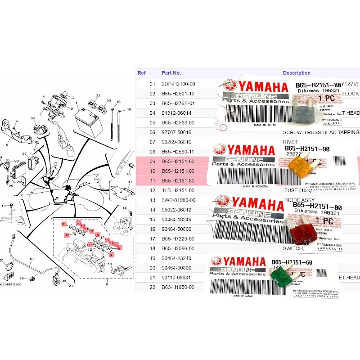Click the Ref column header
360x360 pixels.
pos(142,73)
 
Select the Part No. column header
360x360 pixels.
pos(171,73)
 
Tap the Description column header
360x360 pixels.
pos(297,73)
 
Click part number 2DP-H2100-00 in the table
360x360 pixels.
pos(179,84)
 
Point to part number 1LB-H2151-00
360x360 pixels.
pos(179,190)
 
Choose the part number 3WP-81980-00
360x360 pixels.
pos(179,200)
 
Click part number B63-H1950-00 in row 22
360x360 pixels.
pos(179,287)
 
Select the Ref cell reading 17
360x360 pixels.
pos(152,239)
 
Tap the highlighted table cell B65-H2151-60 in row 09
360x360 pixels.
pos(179,162)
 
